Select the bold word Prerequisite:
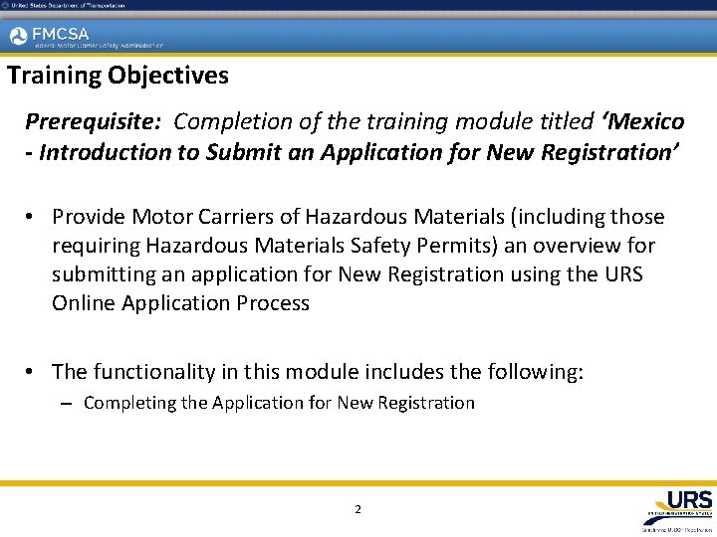coord(96,122)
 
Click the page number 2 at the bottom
coord(358,510)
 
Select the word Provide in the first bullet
coord(91,217)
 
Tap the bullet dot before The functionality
coord(33,373)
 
